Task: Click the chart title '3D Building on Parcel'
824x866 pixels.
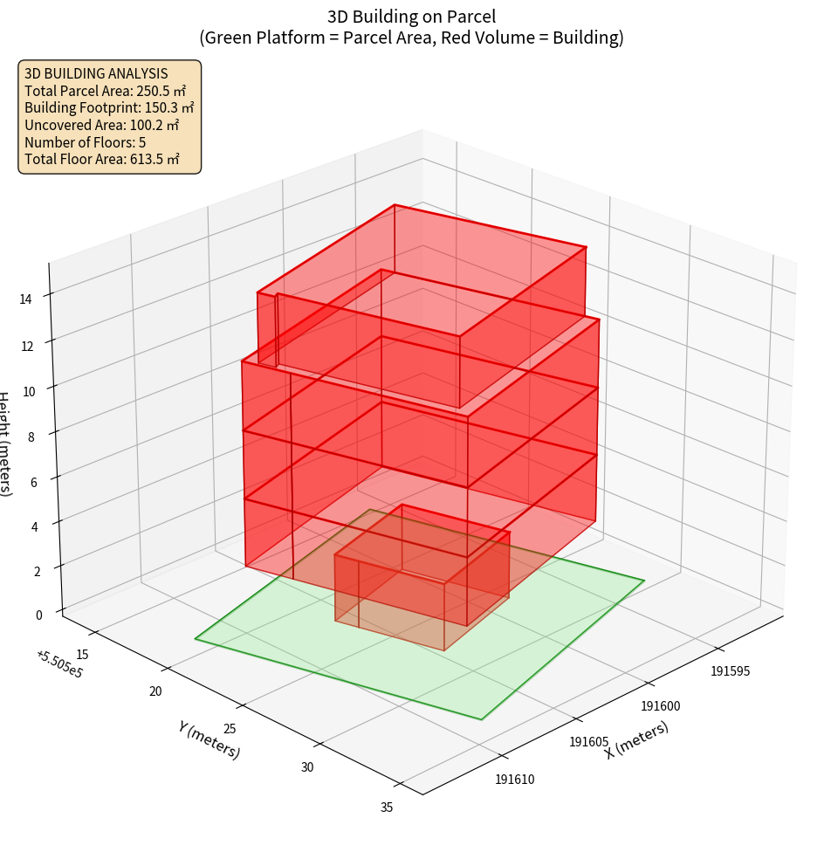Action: [x=411, y=17]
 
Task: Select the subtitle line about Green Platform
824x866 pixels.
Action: [x=411, y=38]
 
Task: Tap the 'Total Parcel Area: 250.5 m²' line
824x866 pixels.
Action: [x=106, y=91]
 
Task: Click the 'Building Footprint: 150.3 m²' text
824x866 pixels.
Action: [x=109, y=107]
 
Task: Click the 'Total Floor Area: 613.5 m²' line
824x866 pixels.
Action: [x=102, y=159]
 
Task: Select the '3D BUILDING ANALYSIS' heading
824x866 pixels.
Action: [x=96, y=74]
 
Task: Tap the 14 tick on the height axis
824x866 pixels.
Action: [x=26, y=299]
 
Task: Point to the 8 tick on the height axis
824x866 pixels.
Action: [x=31, y=436]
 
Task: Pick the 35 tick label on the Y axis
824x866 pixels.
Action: [x=387, y=808]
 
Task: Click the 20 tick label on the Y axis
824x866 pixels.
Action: [x=156, y=691]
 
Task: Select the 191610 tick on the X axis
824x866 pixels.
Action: [x=515, y=779]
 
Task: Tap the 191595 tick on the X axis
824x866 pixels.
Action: [x=731, y=671]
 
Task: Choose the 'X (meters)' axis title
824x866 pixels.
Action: [x=636, y=739]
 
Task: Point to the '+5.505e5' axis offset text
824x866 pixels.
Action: [x=59, y=664]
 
